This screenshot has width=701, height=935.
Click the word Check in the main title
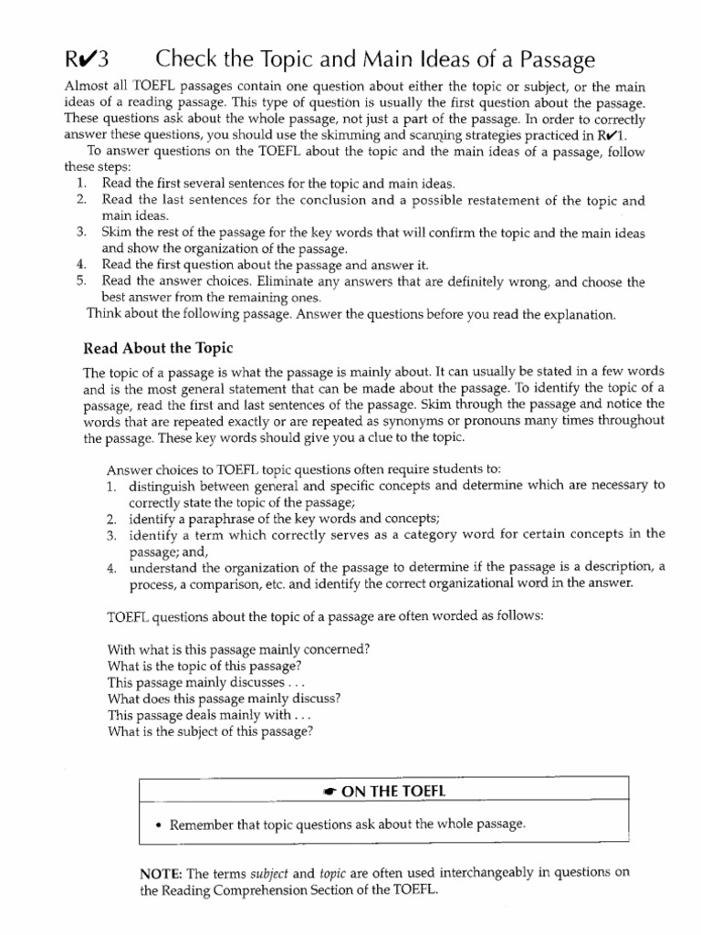pos(188,60)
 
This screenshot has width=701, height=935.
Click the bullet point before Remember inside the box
pos(159,825)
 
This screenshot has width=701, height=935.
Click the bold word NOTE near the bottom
pos(161,873)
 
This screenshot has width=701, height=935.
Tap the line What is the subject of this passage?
pos(210,731)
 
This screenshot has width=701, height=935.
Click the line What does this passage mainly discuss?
pos(225,699)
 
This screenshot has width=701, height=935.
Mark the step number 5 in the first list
pos(82,282)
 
